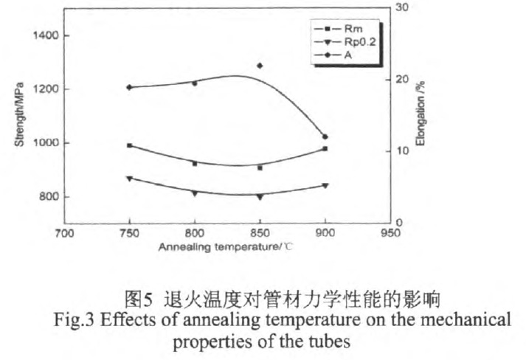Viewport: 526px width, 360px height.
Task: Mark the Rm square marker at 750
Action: tap(130, 145)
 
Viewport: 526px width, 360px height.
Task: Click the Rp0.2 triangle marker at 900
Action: tap(325, 186)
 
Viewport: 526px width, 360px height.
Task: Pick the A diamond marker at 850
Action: tap(260, 66)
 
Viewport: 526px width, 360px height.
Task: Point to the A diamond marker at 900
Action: tap(325, 136)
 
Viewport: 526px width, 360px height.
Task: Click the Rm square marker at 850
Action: tap(260, 168)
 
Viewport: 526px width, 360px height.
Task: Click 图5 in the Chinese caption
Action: tap(139, 301)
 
